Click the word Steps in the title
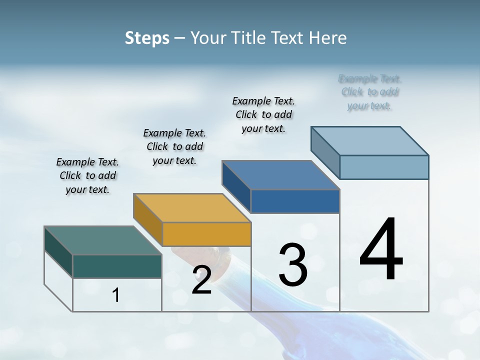point(147,38)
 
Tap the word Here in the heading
point(327,38)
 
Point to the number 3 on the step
point(293,264)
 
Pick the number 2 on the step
point(201,280)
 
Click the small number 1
point(116,295)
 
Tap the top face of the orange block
point(191,207)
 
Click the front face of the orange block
point(206,234)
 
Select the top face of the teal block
point(102,240)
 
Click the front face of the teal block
point(117,266)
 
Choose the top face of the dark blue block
point(280,175)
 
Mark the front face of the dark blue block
point(295,201)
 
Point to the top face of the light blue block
point(369,140)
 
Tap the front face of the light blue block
point(384,167)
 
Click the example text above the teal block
point(87,175)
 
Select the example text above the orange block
point(174,146)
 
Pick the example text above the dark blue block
point(263,114)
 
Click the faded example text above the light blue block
point(370,92)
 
